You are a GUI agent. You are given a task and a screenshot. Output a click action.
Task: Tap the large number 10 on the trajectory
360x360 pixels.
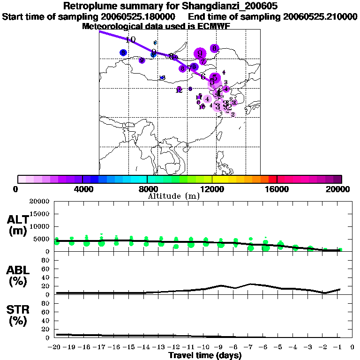pyautogui.click(x=130, y=40)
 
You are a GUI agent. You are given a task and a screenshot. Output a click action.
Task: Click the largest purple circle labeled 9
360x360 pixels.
pyautogui.click(x=201, y=54)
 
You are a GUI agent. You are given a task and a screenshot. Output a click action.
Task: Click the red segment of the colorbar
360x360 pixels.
pyautogui.click(x=272, y=179)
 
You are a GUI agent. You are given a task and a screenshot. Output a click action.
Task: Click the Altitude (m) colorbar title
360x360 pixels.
pyautogui.click(x=173, y=196)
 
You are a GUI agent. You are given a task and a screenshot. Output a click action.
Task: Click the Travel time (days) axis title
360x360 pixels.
pyautogui.click(x=205, y=356)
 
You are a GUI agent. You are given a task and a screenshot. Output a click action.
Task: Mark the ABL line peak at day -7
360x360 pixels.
pyautogui.click(x=251, y=284)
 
